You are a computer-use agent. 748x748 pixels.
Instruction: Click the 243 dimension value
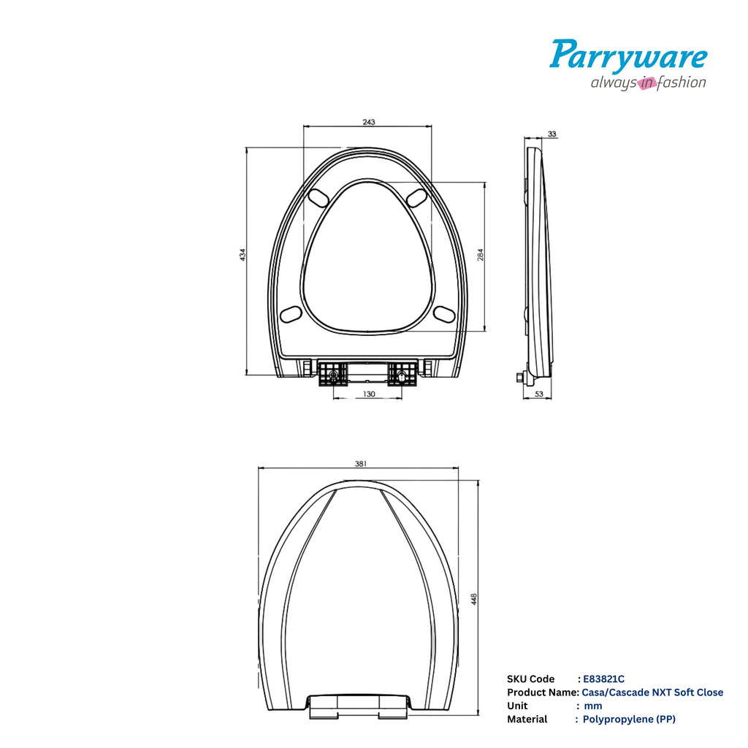point(368,122)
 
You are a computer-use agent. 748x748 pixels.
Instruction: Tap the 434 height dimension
point(243,255)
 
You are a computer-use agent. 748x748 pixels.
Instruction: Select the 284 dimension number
point(481,254)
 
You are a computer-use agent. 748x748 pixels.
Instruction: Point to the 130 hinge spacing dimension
point(369,394)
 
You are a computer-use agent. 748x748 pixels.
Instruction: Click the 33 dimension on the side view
point(552,134)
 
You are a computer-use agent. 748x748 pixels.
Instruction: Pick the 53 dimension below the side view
point(539,394)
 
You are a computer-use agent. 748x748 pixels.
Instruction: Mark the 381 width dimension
point(360,464)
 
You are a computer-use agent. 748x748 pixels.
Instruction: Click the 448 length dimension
point(473,600)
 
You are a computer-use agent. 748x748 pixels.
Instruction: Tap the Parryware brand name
point(628,56)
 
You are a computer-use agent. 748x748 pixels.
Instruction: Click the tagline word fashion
point(682,83)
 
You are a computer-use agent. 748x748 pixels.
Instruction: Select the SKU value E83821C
point(603,679)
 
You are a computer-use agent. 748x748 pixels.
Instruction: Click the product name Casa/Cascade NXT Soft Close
point(652,692)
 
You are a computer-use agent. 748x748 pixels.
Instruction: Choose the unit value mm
point(593,706)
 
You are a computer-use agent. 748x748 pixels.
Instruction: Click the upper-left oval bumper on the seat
point(319,196)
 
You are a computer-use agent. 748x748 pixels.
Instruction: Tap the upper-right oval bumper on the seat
point(417,196)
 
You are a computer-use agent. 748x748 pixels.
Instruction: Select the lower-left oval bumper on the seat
point(291,313)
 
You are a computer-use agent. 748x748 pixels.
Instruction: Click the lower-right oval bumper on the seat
point(444,313)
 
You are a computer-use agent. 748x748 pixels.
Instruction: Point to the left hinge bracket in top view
point(332,375)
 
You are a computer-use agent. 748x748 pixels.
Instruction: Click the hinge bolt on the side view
point(519,377)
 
